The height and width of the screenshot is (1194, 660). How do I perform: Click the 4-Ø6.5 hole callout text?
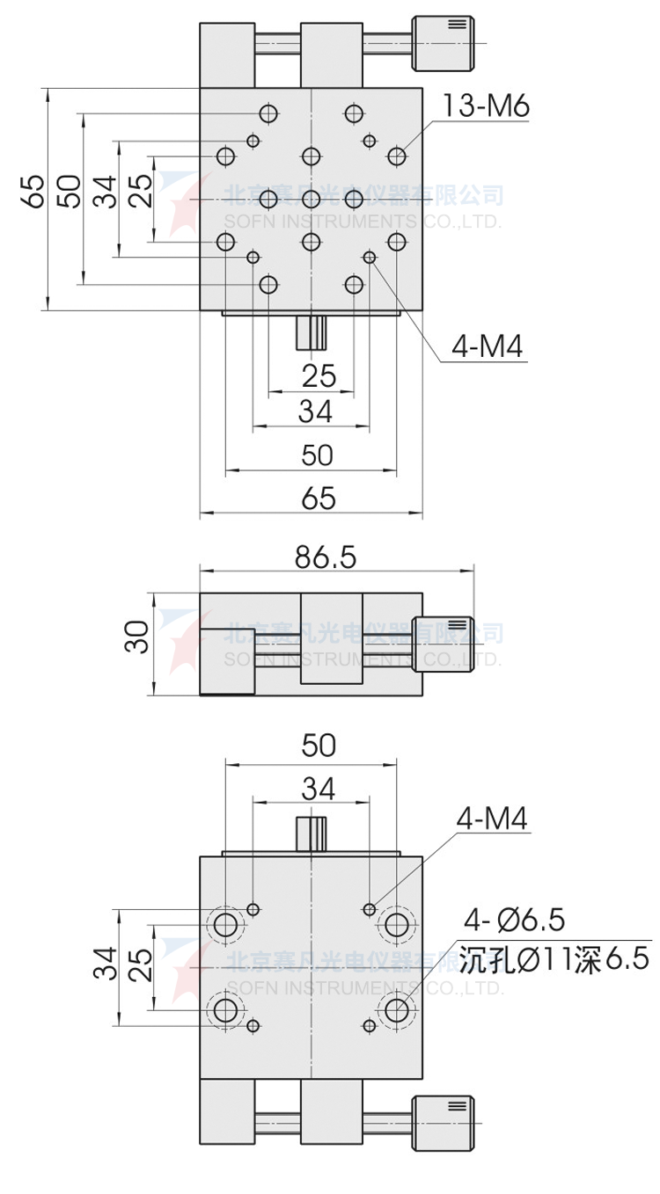515,921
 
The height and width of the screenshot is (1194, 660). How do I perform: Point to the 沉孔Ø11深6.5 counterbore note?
554,958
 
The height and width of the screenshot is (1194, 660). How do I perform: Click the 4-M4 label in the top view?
487,347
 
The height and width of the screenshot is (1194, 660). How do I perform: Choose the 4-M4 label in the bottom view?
491,820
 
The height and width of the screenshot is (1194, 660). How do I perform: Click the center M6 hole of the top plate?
312,199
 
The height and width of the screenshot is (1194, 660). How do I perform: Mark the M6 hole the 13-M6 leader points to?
397,157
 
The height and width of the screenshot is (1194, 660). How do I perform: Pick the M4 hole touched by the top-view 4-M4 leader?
369,257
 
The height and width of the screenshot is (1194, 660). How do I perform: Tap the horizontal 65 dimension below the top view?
319,499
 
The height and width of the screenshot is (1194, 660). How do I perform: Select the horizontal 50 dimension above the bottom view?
319,745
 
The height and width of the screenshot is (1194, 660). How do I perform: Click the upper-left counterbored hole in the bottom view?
226,924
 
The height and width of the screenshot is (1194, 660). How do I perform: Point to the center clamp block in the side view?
331,638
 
